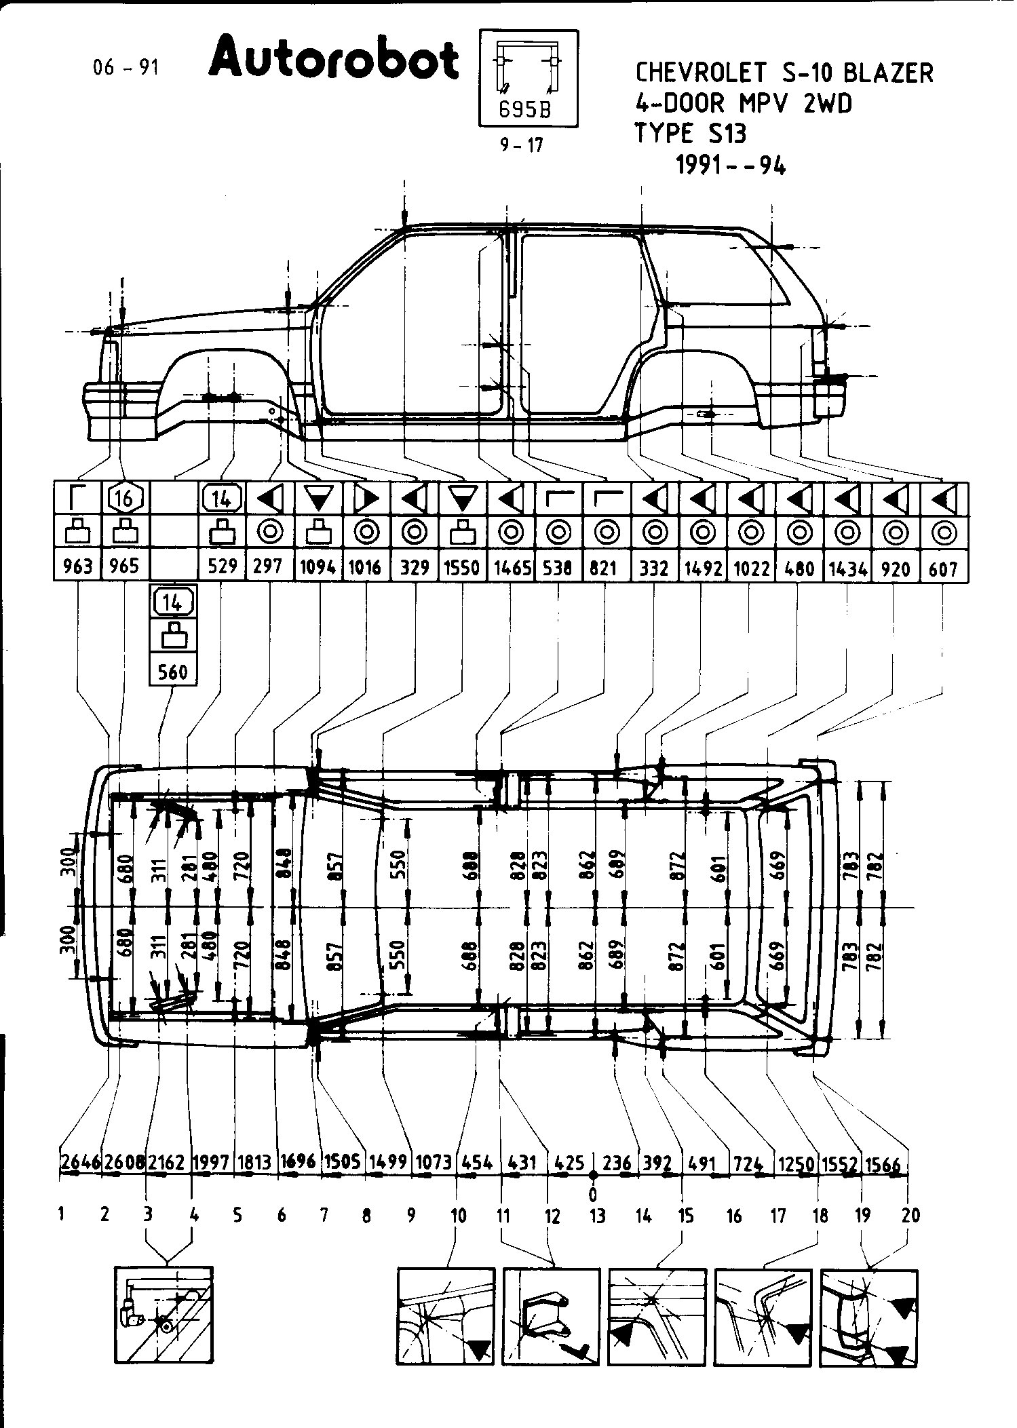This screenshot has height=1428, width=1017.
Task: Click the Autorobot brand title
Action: coord(334,59)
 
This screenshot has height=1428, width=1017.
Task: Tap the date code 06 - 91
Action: coord(126,67)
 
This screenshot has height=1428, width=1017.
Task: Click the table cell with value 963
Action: coord(77,566)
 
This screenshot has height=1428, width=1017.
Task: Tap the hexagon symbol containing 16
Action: coord(125,499)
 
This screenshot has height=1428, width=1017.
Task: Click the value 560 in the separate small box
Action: coord(172,672)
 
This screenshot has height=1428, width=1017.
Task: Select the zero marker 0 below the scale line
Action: coord(593,1193)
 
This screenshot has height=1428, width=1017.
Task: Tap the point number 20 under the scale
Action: coord(911,1215)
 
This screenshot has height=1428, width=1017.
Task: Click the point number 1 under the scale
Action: coord(62,1214)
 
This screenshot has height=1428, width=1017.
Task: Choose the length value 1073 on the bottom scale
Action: coord(434,1163)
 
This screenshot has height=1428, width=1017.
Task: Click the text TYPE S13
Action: coord(690,134)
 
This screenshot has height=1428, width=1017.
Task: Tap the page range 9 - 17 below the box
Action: coord(522,145)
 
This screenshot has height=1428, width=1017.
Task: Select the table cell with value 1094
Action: coord(318,566)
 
